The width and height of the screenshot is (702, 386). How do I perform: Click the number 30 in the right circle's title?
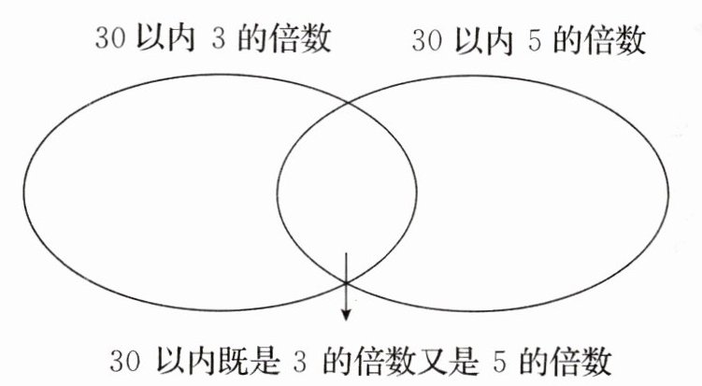(426, 38)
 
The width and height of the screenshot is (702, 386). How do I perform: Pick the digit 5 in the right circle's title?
(535, 38)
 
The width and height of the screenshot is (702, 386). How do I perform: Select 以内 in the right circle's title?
(480, 38)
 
